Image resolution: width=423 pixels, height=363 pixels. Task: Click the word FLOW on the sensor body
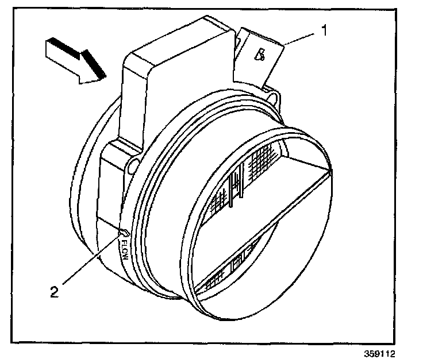[x=122, y=249]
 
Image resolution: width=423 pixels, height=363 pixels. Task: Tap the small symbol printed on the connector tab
[x=260, y=56]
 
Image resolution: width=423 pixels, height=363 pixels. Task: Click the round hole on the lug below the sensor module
[x=133, y=166]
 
